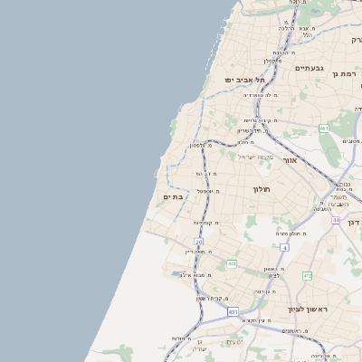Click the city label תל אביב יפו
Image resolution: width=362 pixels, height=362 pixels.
(243, 80)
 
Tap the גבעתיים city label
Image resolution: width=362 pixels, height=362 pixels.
(309, 68)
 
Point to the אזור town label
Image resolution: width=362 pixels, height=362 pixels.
(290, 160)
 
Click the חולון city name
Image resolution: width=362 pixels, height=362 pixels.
(262, 189)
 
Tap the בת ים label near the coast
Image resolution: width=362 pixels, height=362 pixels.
(174, 196)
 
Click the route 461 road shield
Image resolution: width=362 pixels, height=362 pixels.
(323, 129)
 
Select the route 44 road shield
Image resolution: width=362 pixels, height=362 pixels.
(335, 220)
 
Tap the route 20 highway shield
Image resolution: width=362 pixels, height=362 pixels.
(199, 243)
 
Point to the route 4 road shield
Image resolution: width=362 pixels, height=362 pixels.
(283, 247)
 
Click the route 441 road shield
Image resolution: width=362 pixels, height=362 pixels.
(232, 264)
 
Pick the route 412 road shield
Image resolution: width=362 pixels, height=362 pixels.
(308, 275)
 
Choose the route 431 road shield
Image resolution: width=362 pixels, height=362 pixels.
(233, 312)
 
